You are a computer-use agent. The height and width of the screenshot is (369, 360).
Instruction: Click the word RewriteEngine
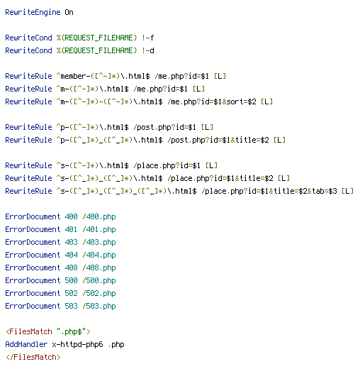click(x=33, y=12)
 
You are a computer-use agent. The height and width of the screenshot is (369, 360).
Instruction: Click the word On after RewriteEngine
click(x=69, y=12)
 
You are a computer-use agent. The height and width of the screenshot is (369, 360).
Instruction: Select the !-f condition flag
click(x=148, y=38)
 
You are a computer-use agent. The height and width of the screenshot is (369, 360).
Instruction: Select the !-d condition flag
click(x=148, y=50)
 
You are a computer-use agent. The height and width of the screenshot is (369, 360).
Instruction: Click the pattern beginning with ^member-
click(x=103, y=76)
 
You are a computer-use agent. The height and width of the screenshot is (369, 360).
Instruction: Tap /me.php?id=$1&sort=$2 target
click(x=212, y=101)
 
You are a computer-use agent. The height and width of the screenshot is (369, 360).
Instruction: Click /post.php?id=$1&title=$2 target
click(x=218, y=140)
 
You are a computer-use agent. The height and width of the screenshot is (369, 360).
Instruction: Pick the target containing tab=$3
click(x=269, y=191)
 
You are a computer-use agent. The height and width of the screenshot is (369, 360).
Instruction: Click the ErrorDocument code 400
click(x=71, y=216)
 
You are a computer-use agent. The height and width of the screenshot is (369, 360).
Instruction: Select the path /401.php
click(x=99, y=229)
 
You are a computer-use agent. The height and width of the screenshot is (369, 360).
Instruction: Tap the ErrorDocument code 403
click(x=71, y=242)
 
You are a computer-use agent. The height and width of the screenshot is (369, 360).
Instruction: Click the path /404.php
click(x=99, y=255)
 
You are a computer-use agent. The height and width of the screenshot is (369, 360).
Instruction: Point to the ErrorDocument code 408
click(x=71, y=268)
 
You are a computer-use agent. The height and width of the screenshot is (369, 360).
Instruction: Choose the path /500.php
click(x=99, y=280)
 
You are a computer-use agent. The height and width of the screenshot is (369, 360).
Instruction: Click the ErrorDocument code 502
click(x=71, y=293)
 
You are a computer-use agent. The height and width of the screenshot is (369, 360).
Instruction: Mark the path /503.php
click(x=99, y=306)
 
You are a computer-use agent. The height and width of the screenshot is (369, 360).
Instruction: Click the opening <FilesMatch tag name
click(x=29, y=331)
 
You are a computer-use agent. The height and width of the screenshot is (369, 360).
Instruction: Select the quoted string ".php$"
click(x=72, y=331)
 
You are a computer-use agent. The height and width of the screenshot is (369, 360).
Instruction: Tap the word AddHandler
click(x=26, y=344)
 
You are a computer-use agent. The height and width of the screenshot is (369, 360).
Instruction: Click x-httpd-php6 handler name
click(x=77, y=344)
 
